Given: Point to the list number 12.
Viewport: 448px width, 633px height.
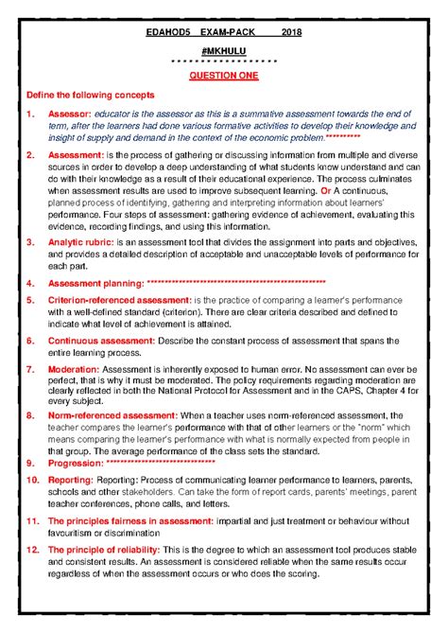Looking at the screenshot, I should pyautogui.click(x=31, y=549).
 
